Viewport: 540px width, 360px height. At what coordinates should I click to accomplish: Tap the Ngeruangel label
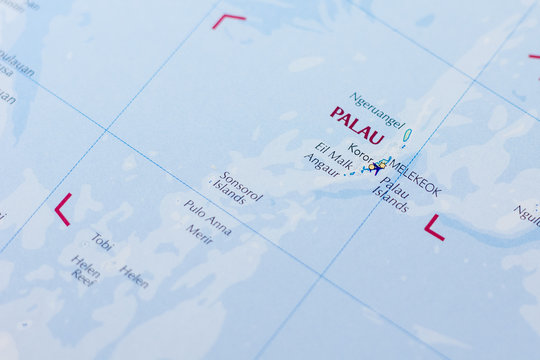[376, 110]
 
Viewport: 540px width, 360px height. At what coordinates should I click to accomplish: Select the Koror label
[360, 156]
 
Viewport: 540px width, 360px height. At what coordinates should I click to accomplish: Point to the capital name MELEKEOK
[414, 176]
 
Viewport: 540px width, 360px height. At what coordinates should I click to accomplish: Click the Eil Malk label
[333, 155]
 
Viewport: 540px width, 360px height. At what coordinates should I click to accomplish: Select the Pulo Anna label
[207, 218]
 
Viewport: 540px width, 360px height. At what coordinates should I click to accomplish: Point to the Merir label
[199, 234]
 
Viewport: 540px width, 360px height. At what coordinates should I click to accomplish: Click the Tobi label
[102, 242]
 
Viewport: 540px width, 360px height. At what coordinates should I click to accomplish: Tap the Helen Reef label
[84, 268]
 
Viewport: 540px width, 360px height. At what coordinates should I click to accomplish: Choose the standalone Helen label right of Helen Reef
[133, 276]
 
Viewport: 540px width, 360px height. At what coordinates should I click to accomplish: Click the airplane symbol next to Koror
[375, 167]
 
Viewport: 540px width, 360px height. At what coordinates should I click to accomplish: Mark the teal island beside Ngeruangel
[407, 134]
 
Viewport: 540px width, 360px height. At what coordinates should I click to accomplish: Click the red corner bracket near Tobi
[61, 209]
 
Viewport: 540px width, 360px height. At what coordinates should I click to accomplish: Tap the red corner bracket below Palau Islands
[433, 229]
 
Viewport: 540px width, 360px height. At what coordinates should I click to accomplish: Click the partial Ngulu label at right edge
[527, 214]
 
